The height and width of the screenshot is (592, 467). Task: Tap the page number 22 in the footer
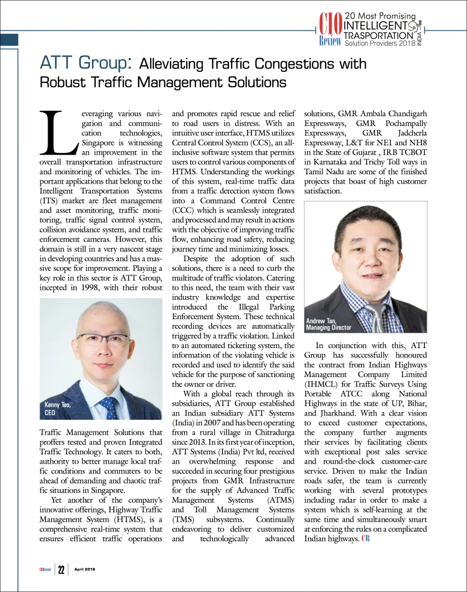62,570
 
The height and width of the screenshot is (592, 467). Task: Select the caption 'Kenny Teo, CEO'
57,409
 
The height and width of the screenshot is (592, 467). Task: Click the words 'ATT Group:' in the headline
86,63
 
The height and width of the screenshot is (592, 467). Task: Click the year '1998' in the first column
97,287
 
